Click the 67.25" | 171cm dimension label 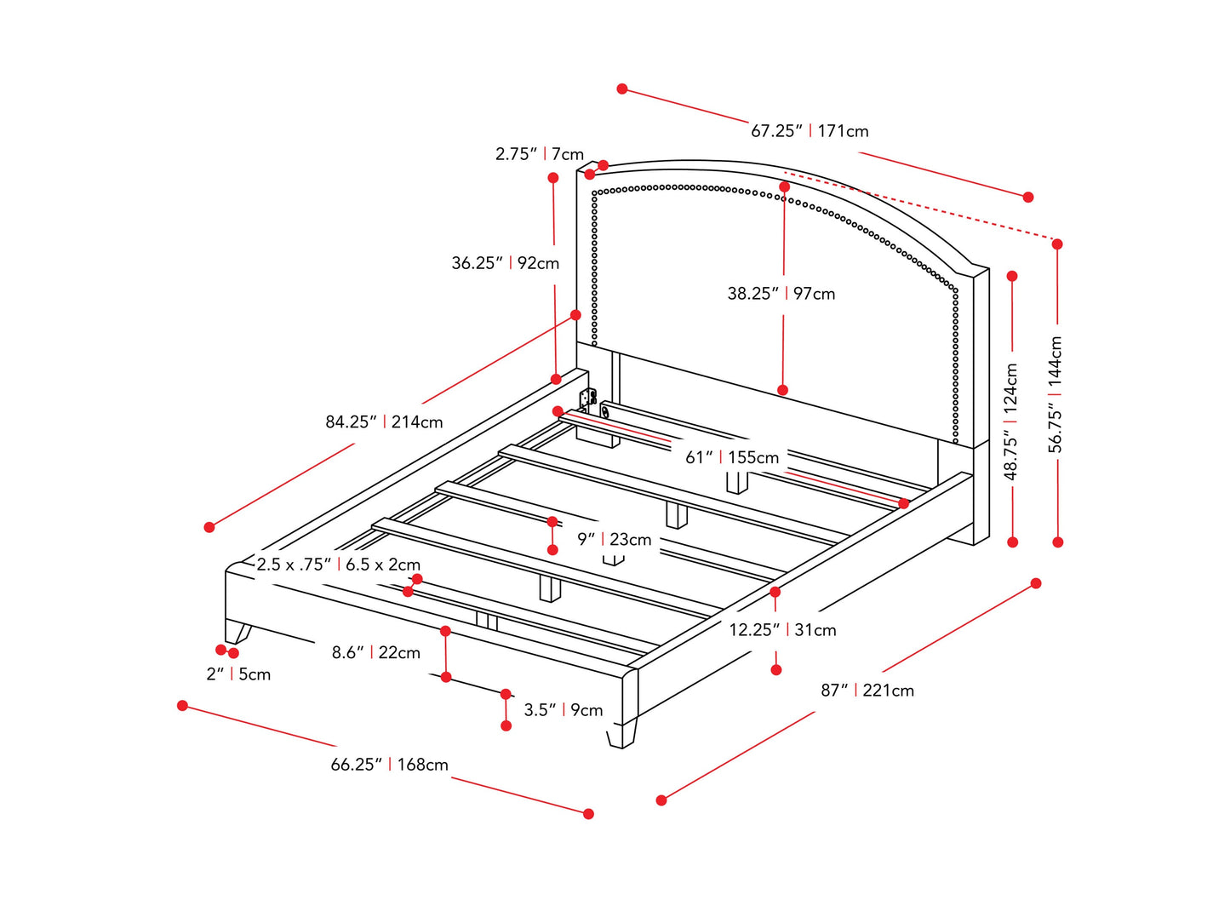(810, 131)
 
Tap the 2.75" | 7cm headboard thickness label (540, 154)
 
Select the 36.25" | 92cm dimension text (506, 263)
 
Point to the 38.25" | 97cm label (781, 294)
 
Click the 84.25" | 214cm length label (384, 421)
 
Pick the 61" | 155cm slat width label (732, 457)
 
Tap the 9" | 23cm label (614, 539)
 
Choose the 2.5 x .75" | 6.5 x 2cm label (339, 565)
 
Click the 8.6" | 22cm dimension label (376, 652)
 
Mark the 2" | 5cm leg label (238, 674)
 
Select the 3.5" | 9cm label (563, 710)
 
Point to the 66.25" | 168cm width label (389, 765)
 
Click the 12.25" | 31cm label (782, 630)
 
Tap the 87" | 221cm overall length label (867, 691)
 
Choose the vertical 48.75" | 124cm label (1011, 421)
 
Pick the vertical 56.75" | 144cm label (1056, 394)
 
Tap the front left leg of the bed (237, 632)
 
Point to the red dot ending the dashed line (1057, 244)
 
